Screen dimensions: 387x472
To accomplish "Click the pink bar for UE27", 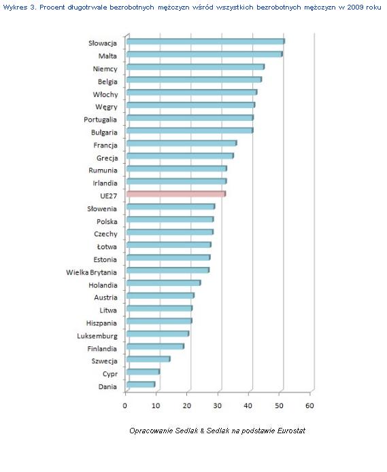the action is [176, 194].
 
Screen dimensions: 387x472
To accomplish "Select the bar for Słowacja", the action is [205, 41].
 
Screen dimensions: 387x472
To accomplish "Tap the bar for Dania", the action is [141, 384].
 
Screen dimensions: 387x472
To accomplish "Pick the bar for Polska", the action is [170, 219].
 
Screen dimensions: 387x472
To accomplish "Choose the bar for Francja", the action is [182, 143].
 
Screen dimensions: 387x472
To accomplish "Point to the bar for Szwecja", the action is [148, 359].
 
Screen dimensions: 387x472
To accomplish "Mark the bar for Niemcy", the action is [196, 67].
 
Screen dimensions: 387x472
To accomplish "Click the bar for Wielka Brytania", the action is [168, 270].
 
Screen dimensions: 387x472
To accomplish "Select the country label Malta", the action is [107, 56].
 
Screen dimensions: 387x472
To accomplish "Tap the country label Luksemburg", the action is [97, 336].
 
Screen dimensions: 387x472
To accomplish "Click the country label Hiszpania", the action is [101, 323].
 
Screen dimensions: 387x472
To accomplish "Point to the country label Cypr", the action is [110, 374].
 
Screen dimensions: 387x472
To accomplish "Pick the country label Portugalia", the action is [101, 120].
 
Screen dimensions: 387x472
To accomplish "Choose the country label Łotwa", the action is [107, 247].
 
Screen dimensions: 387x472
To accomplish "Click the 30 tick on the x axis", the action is [218, 405].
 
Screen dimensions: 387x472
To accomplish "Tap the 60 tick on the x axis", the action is [309, 405].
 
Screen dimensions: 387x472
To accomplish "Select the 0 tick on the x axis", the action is [124, 405].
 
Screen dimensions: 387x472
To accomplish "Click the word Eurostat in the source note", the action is [291, 431].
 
